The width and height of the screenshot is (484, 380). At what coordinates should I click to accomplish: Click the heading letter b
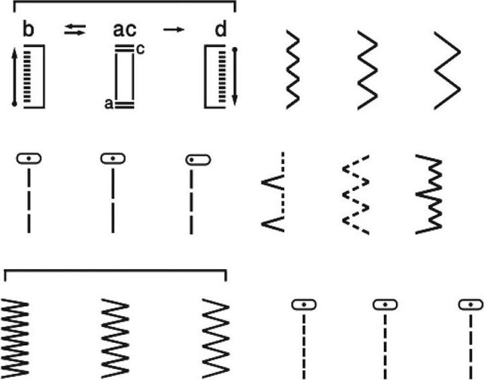coord(28,30)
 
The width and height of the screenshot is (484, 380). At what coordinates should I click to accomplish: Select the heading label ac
coord(125,30)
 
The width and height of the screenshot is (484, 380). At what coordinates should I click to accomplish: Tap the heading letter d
coord(220,30)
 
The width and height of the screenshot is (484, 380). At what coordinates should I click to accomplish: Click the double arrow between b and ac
coord(75,30)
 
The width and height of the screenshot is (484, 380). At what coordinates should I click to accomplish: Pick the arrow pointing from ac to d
coord(174,30)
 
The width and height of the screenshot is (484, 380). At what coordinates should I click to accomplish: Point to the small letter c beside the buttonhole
coord(140,49)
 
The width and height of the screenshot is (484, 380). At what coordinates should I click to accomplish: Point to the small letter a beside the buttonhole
coord(109,104)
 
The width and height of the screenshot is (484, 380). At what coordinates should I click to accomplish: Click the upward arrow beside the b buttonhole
coord(14,77)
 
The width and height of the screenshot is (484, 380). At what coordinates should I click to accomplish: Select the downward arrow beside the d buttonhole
coord(235,77)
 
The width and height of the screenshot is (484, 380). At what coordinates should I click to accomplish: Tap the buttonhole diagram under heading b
coord(34,77)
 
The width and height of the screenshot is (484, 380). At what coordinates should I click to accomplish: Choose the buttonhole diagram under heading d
coord(215,77)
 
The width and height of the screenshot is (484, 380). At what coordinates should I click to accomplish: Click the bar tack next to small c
coord(125,48)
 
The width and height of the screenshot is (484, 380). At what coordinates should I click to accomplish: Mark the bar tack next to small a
coord(124,105)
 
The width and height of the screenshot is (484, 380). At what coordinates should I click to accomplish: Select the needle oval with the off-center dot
coord(198,160)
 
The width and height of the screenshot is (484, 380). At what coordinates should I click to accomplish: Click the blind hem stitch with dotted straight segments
coord(273,192)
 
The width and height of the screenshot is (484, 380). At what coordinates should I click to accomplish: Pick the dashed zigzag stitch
coord(356,194)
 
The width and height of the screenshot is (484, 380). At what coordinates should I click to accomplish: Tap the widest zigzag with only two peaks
coord(448,71)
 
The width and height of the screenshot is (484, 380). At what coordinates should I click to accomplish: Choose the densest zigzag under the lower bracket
coord(15,338)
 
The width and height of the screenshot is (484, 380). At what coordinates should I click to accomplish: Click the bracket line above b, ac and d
coord(125,1)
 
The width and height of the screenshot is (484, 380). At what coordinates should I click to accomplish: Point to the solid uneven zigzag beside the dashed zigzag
coord(429,194)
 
